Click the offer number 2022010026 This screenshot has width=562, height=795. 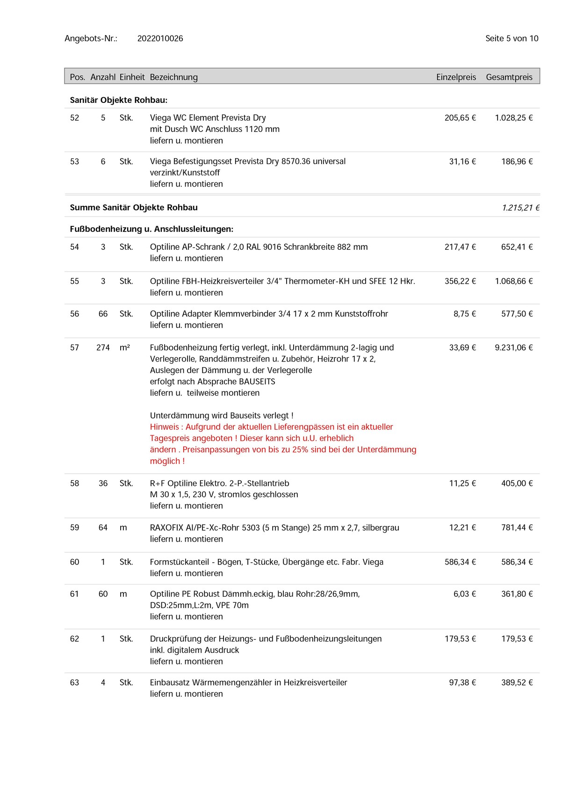click(x=160, y=39)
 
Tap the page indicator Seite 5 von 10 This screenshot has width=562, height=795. click(x=512, y=39)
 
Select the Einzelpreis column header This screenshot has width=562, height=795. click(x=456, y=77)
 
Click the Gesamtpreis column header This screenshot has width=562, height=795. click(x=509, y=77)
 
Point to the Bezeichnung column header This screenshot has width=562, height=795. click(x=173, y=77)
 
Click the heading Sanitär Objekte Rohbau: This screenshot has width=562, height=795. click(x=118, y=100)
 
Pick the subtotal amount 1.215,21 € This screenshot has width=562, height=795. click(x=520, y=208)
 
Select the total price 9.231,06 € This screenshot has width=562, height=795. click(x=513, y=347)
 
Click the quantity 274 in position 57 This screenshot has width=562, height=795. click(x=103, y=347)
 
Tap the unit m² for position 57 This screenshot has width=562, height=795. click(x=125, y=347)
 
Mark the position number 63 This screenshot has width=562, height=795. click(x=74, y=683)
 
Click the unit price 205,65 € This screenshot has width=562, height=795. click(x=460, y=118)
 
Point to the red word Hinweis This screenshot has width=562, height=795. click(x=164, y=427)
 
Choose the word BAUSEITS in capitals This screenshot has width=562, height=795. click(x=257, y=382)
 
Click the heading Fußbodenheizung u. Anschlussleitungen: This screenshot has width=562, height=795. click(x=151, y=229)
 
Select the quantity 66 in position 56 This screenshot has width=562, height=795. click(x=103, y=314)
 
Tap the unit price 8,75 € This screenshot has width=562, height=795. click(x=464, y=314)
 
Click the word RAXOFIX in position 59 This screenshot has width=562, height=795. click(x=166, y=528)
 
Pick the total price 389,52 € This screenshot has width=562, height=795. click(x=517, y=683)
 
